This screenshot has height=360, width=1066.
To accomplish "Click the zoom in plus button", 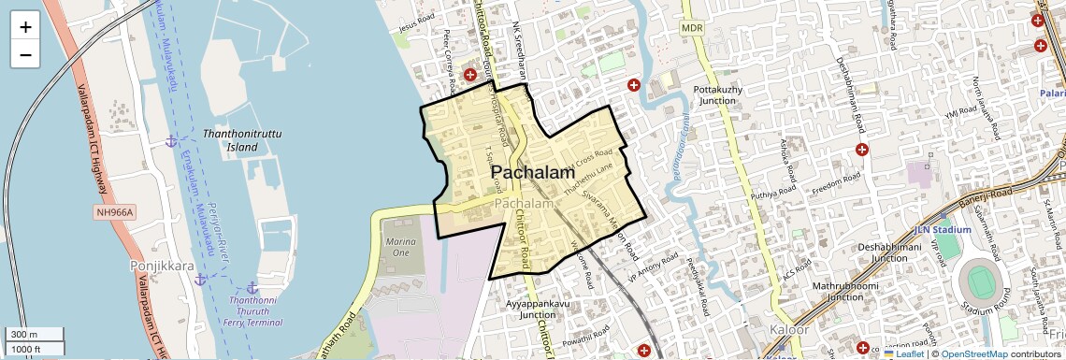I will (25, 27).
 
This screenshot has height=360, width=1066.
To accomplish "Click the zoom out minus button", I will (25, 54).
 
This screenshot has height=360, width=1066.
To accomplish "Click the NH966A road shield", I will (115, 213).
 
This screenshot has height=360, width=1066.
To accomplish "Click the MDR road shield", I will (692, 29).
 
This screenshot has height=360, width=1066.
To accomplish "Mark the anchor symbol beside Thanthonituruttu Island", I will (170, 140).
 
